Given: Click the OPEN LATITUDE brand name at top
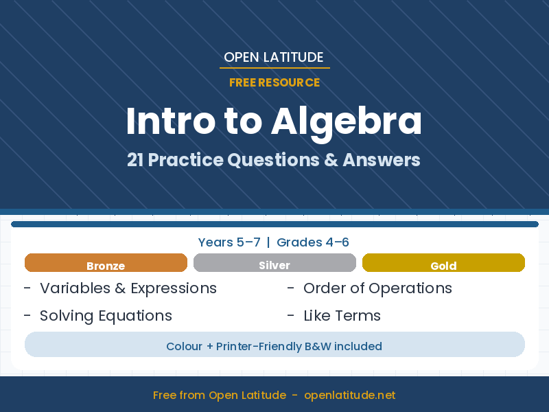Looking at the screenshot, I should click(x=274, y=57).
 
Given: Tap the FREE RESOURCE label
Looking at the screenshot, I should click(x=274, y=82).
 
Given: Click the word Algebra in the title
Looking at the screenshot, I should click(x=347, y=122).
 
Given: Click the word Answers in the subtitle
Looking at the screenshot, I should click(x=381, y=160).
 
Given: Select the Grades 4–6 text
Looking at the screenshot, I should click(x=313, y=242).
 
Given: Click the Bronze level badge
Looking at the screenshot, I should click(x=106, y=264).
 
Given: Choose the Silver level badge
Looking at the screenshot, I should click(x=274, y=264).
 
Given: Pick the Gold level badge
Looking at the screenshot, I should click(x=443, y=264).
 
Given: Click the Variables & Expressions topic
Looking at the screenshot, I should click(x=128, y=288).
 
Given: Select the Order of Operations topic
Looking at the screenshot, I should click(x=377, y=288).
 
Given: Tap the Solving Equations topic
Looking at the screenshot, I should click(x=106, y=316).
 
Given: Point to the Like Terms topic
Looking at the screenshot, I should click(x=342, y=316).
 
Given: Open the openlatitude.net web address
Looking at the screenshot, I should click(x=349, y=396).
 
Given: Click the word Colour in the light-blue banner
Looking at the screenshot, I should click(x=184, y=346).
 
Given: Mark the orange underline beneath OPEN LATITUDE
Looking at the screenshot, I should click(x=274, y=68).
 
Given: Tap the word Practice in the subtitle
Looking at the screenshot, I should click(x=186, y=160).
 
